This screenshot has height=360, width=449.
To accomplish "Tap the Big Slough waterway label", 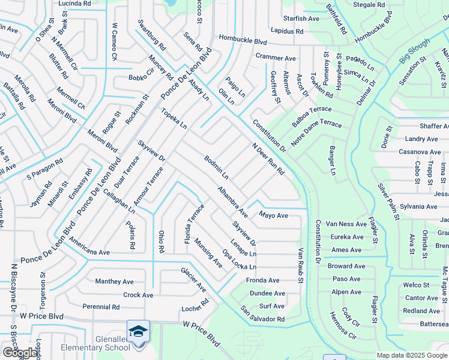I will tap(415, 52).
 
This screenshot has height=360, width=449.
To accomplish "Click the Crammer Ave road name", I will tap(276, 58).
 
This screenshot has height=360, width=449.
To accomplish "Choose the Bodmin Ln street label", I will tap(216, 167).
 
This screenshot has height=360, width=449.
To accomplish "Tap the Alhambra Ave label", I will tap(233, 202).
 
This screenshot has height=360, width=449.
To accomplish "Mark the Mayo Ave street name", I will tap(273, 215).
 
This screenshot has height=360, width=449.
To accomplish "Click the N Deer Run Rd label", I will tap(268, 159).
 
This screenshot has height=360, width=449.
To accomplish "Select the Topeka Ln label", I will tap(173, 118).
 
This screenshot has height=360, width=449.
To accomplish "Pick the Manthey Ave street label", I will tap(114, 281).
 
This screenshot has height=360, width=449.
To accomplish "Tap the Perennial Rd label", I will tap(101, 307).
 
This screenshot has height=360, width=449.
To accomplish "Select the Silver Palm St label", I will tap(387, 202).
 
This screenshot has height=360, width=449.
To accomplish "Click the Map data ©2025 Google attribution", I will tap(412, 355).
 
